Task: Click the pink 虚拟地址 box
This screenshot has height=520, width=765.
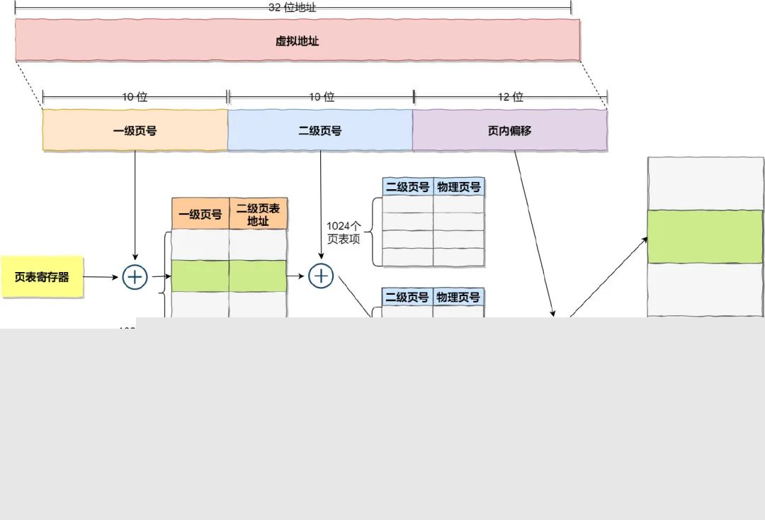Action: coord(297,40)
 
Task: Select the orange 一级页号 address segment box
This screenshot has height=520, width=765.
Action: coord(135,130)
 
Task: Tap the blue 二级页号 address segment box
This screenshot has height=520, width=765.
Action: coord(320,130)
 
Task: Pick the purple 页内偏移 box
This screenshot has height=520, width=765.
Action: coord(510,130)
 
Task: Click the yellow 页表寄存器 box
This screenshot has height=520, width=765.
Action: coord(42,277)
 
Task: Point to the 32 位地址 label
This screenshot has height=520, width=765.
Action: coord(293,8)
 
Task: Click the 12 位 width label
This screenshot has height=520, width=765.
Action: coord(510,97)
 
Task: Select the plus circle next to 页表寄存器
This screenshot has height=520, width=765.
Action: coord(135,277)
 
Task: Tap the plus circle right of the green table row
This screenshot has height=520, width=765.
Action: coord(321,276)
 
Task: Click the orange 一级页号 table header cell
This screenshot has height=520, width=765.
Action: coord(200,214)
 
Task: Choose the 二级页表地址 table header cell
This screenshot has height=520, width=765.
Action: coord(259,214)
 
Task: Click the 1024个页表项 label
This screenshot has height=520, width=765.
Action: coord(344,232)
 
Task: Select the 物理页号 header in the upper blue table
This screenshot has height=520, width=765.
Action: coord(459,187)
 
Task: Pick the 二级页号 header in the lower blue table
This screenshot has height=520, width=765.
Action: coord(407,297)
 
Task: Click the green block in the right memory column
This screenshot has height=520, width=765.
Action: coord(705,237)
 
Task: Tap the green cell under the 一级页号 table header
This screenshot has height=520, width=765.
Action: coord(200,276)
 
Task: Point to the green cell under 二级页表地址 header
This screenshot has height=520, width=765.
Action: coord(259,276)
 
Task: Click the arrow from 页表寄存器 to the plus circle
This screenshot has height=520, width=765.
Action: coord(101,277)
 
